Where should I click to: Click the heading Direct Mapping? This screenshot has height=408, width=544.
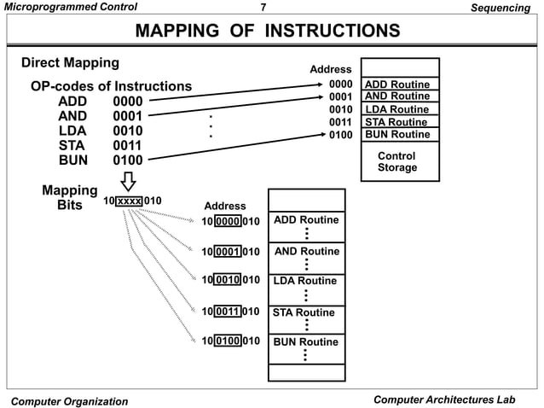pyautogui.click(x=70, y=63)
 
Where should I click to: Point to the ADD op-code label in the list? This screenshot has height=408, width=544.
pyautogui.click(x=72, y=102)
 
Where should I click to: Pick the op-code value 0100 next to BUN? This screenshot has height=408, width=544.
pyautogui.click(x=128, y=159)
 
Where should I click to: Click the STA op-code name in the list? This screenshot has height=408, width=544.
pyautogui.click(x=72, y=145)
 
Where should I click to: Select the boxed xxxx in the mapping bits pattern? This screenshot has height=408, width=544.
pyautogui.click(x=129, y=201)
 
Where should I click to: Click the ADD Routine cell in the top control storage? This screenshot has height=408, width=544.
pyautogui.click(x=396, y=85)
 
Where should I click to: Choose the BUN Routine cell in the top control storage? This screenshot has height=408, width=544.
pyautogui.click(x=396, y=134)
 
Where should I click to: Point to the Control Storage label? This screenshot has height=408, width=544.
pyautogui.click(x=396, y=162)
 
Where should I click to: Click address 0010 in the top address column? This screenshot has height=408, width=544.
pyautogui.click(x=341, y=109)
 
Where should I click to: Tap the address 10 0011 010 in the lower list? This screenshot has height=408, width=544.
pyautogui.click(x=230, y=312)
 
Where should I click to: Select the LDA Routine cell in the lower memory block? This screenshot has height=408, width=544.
pyautogui.click(x=305, y=281)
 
